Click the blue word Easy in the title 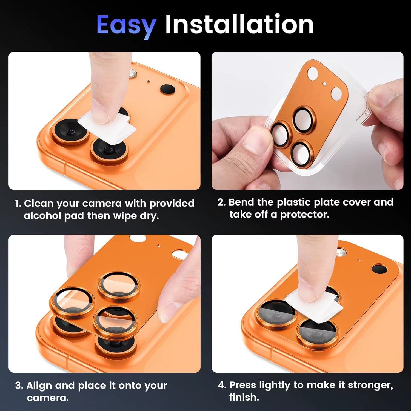pos(126,25)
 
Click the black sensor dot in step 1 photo pos(167,89)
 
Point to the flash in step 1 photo pos(133,73)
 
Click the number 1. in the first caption pos(18,204)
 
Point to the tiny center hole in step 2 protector pos(324,84)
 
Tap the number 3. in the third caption pos(19,386)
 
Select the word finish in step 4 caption pos(244,397)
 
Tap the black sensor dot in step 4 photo pos(379,269)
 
